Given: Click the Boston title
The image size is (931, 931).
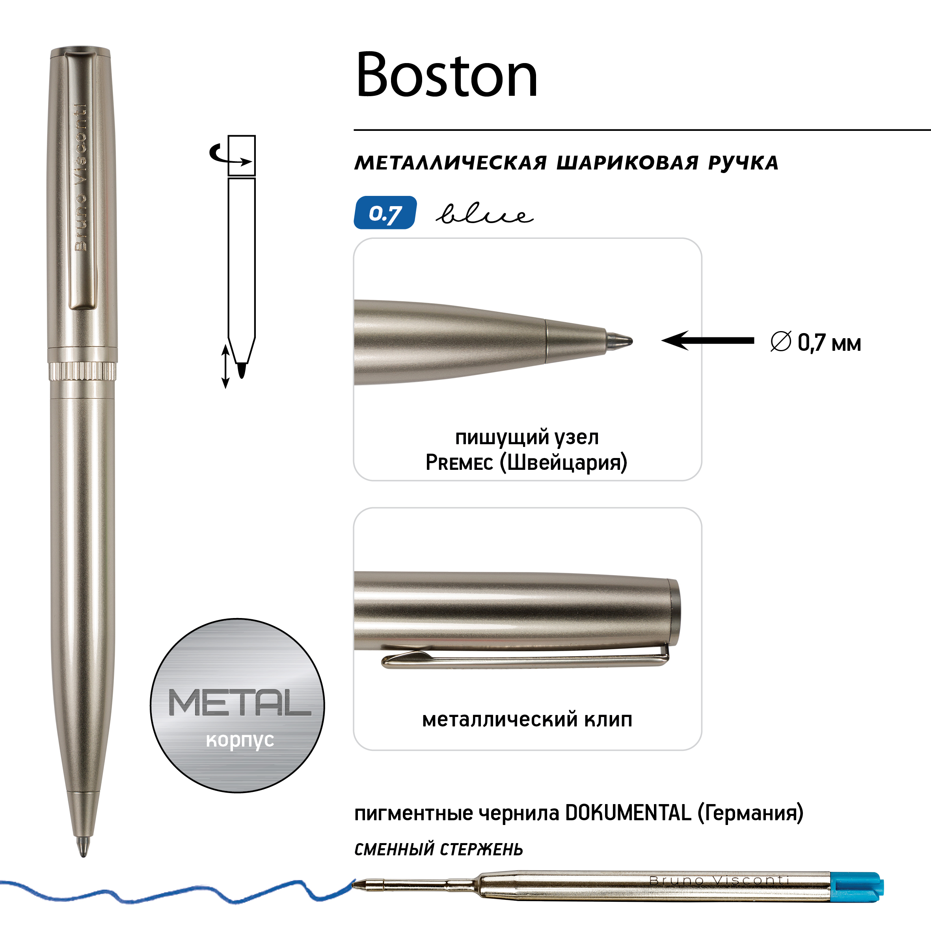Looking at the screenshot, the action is point(446,75).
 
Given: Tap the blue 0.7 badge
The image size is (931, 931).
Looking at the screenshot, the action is point(385,212).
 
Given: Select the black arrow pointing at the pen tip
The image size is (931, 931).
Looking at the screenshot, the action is point(708,341).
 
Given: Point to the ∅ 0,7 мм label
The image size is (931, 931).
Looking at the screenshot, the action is point(816,343).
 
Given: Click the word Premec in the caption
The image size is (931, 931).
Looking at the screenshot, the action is point(459,463).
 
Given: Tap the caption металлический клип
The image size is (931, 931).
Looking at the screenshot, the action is point(527,719).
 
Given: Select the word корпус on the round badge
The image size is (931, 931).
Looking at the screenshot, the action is point(240,740).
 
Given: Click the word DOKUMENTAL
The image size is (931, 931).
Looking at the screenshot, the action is point(628,813).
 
